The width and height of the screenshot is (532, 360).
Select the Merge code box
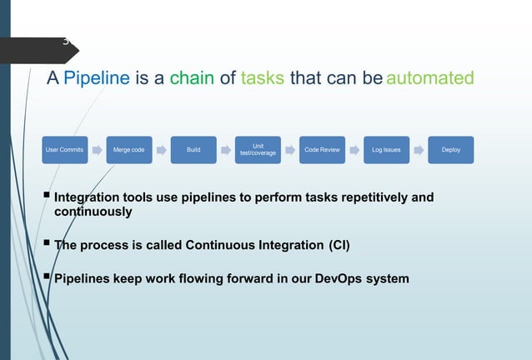(x=128, y=150)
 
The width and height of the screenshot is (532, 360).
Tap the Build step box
(x=193, y=150)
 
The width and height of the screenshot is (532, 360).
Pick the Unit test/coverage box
(x=258, y=150)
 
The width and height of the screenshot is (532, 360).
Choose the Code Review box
(x=322, y=150)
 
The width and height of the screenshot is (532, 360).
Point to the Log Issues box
(x=386, y=150)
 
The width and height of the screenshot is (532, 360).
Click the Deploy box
(x=451, y=150)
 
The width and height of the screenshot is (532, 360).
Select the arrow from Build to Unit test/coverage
(x=226, y=150)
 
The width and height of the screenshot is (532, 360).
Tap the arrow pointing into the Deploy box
(x=419, y=150)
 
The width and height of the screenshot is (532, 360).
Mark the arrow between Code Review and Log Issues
(x=354, y=150)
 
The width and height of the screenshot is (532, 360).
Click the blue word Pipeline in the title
(x=97, y=79)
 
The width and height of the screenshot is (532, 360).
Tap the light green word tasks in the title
(x=263, y=79)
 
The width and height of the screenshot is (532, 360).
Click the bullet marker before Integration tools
(x=47, y=197)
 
